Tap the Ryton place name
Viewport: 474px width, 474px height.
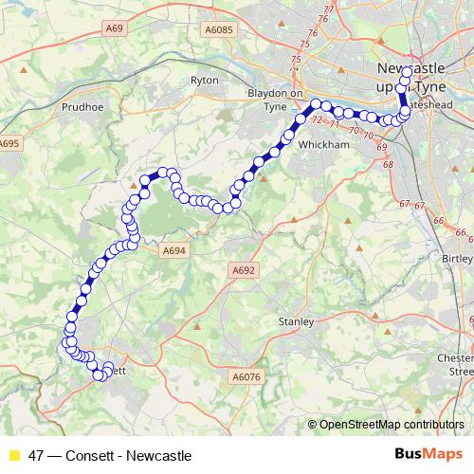pyautogui.click(x=205, y=81)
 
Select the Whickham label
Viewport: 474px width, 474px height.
pyautogui.click(x=318, y=144)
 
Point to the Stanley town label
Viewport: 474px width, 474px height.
pyautogui.click(x=296, y=322)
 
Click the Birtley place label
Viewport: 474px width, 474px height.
pyautogui.click(x=458, y=258)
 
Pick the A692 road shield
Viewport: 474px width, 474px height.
pyautogui.click(x=244, y=270)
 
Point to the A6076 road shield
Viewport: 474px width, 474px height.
pyautogui.click(x=246, y=377)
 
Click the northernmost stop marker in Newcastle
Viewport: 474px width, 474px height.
pyautogui.click(x=407, y=72)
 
